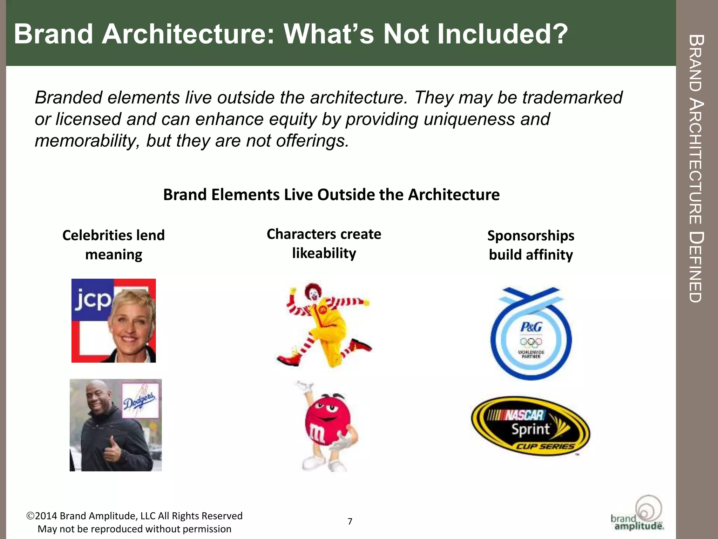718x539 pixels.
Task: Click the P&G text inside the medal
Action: pos(531,327)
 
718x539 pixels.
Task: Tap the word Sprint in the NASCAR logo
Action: pos(530,430)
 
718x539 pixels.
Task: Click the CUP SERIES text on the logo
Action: pos(544,446)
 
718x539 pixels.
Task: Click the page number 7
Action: pos(350,521)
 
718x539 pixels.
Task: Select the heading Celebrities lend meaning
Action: pos(113,245)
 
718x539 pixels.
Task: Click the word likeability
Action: pos(324,253)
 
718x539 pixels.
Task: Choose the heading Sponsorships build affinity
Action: pos(530,245)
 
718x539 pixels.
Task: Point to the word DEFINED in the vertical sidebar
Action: pos(695,267)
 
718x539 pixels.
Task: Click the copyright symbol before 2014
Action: pos(30,516)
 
